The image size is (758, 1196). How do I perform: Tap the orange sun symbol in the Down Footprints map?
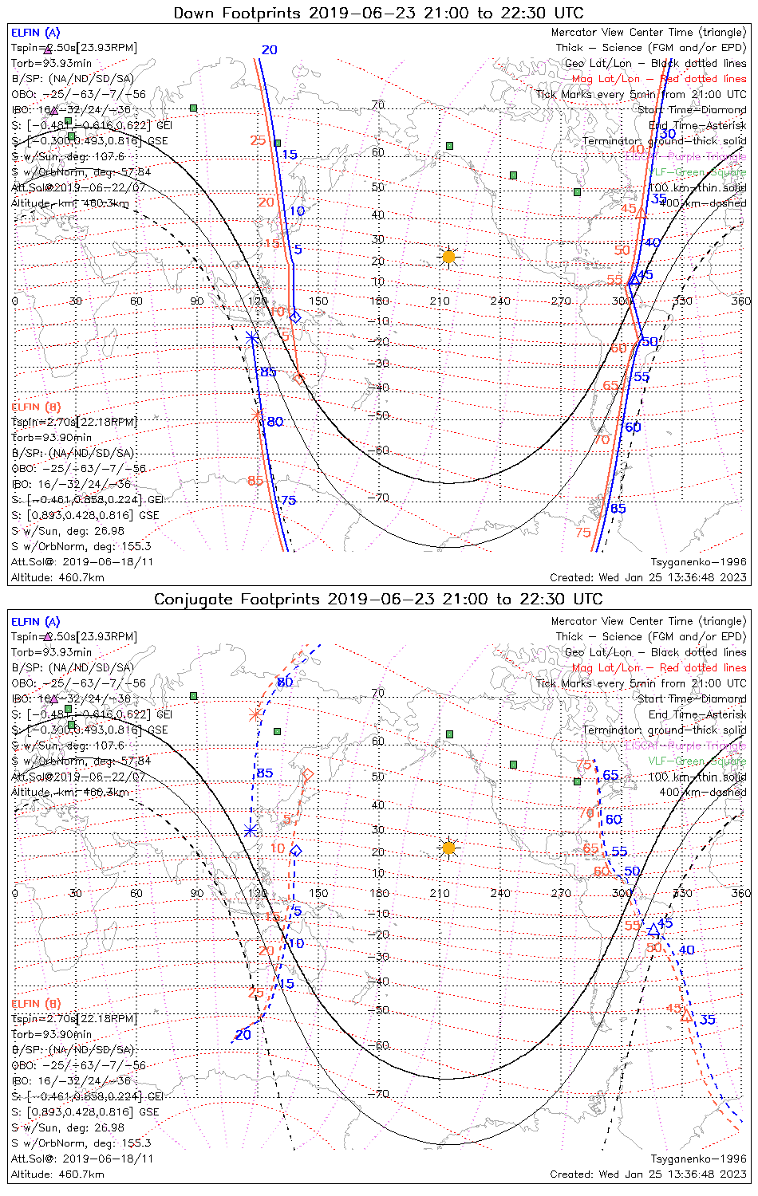448,257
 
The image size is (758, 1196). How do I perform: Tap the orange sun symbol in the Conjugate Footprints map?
448,848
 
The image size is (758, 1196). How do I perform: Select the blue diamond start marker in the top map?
294,317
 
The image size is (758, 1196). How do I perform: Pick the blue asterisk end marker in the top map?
252,338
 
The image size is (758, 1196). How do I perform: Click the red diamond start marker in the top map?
298,378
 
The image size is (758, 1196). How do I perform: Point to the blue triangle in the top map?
634,279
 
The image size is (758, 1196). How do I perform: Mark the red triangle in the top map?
641,211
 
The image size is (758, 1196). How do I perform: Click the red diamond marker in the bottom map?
307,773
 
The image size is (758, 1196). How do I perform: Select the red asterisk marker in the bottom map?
255,714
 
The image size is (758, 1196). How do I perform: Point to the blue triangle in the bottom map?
654,930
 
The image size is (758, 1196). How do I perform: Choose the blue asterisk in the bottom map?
251,831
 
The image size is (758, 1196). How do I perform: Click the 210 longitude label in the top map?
440,301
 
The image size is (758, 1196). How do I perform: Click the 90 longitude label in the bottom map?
196,893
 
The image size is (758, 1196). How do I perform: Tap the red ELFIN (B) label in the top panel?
36,407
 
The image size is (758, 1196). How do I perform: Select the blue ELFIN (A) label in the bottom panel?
36,622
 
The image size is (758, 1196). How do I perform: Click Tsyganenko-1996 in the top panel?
698,562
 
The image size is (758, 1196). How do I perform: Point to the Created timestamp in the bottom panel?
648,1174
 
